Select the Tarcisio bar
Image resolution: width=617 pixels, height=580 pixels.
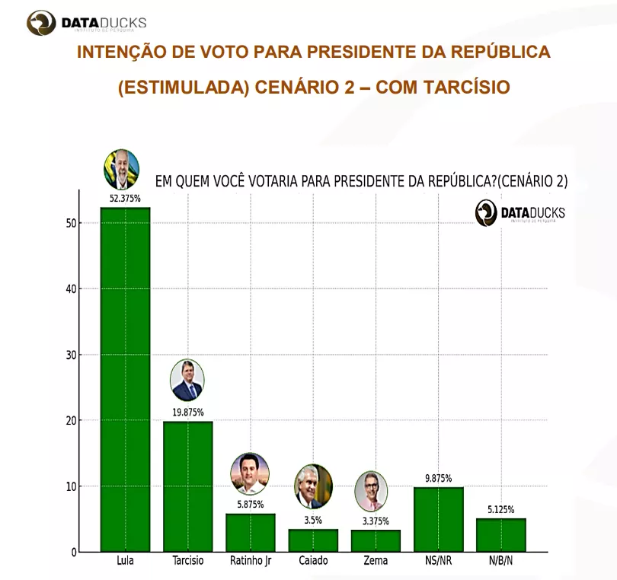pyautogui.click(x=188, y=486)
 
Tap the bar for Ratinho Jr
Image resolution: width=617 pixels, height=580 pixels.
pyautogui.click(x=251, y=533)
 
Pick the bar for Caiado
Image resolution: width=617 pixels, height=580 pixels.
pyautogui.click(x=313, y=540)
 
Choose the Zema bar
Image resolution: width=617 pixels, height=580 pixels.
pyautogui.click(x=376, y=541)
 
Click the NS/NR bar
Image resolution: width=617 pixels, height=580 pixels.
pyautogui.click(x=438, y=519)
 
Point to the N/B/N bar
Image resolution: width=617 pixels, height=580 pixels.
pyautogui.click(x=500, y=535)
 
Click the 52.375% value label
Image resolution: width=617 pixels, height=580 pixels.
pyautogui.click(x=126, y=198)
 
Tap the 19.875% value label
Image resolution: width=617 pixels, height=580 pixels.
pyautogui.click(x=188, y=413)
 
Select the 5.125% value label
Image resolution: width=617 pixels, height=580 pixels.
pyautogui.click(x=500, y=509)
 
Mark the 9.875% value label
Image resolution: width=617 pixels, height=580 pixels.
pyautogui.click(x=438, y=479)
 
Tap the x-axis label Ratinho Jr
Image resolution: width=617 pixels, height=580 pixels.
pyautogui.click(x=251, y=562)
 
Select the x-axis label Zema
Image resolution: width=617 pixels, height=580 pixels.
pyautogui.click(x=376, y=562)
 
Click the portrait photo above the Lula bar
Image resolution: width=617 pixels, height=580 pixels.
pyautogui.click(x=122, y=169)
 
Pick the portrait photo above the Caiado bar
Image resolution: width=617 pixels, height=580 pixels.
pyautogui.click(x=313, y=486)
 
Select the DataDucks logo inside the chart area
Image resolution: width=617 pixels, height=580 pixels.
pyautogui.click(x=520, y=213)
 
